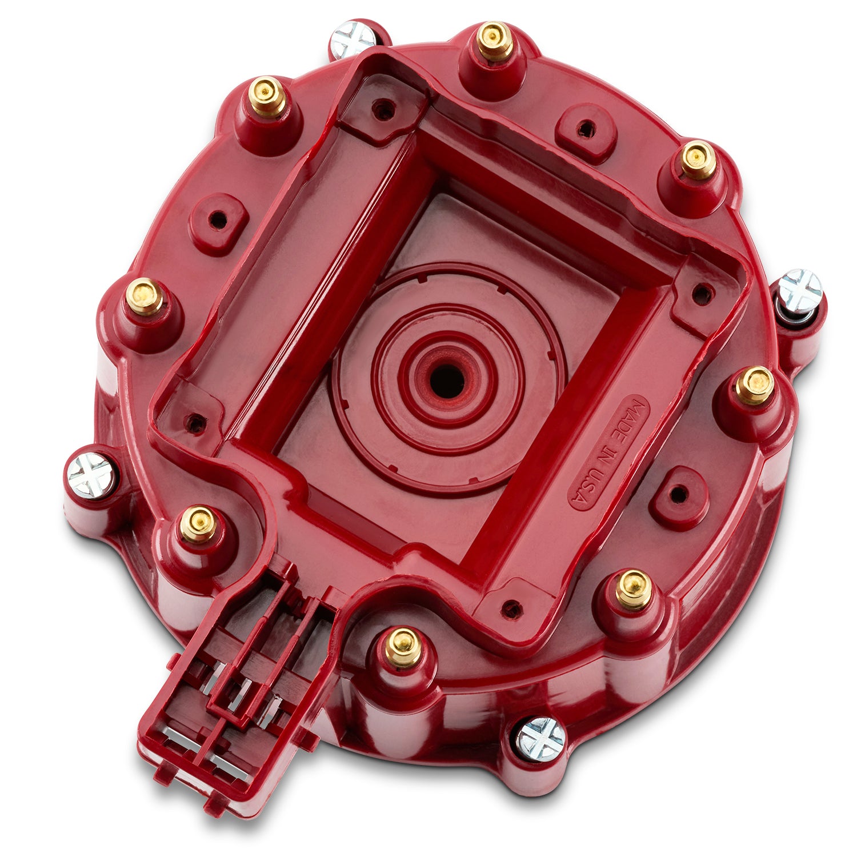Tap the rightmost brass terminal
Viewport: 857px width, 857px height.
tap(754, 386)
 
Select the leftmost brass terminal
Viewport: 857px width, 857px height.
tap(145, 297)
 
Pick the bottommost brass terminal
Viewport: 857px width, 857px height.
tap(403, 647)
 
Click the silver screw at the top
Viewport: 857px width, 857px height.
tap(353, 39)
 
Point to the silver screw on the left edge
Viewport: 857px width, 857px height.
tap(91, 475)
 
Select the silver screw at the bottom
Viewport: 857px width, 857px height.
tap(540, 739)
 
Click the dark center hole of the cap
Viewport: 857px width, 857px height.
tap(447, 381)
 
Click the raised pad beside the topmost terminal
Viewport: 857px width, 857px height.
tap(585, 130)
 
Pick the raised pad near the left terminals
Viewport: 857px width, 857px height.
tap(218, 222)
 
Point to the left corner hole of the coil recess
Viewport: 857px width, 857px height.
tap(196, 423)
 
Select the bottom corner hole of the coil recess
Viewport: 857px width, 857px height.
tap(512, 609)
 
